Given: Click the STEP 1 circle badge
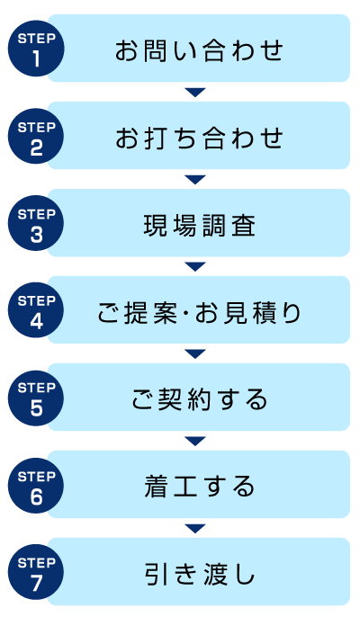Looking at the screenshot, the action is pyautogui.click(x=36, y=49).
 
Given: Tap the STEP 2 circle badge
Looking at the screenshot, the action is pyautogui.click(x=36, y=137).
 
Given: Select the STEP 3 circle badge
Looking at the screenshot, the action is pyautogui.click(x=36, y=223).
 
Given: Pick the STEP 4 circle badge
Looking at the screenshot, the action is pyautogui.click(x=36, y=310).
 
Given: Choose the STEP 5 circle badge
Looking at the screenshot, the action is pyautogui.click(x=36, y=398).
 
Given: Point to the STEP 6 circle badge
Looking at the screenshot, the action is pyautogui.click(x=36, y=485).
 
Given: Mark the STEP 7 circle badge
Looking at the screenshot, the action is pyautogui.click(x=36, y=573).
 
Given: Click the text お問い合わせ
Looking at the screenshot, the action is pyautogui.click(x=199, y=50).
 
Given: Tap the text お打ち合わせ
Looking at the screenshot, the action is pyautogui.click(x=199, y=138).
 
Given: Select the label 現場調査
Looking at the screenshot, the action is pyautogui.click(x=199, y=225).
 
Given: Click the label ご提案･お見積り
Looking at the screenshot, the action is pyautogui.click(x=199, y=313).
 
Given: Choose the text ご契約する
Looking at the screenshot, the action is pyautogui.click(x=199, y=399).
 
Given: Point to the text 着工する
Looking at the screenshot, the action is pyautogui.click(x=199, y=487).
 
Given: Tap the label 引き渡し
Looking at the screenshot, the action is pyautogui.click(x=199, y=574).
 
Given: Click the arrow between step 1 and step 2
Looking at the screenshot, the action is pyautogui.click(x=195, y=92).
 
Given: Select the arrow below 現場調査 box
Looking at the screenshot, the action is pyautogui.click(x=195, y=267).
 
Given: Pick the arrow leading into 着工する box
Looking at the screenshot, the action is pyautogui.click(x=195, y=441).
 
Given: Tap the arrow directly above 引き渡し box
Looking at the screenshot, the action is pyautogui.click(x=195, y=529).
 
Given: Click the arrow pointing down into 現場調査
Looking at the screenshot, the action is pyautogui.click(x=195, y=180).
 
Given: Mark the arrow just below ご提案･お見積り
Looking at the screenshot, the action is pyautogui.click(x=195, y=353).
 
